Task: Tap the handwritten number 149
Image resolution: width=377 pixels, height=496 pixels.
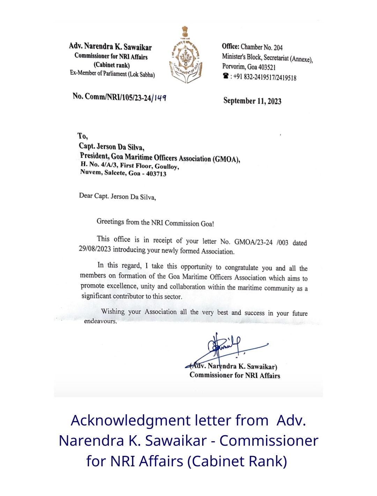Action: click(160, 98)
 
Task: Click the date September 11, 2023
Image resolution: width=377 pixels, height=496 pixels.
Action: click(252, 101)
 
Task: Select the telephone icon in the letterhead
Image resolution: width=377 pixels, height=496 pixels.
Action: click(226, 76)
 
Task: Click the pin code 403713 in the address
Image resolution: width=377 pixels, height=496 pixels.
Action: click(156, 174)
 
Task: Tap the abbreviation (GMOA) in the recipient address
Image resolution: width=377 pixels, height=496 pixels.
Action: click(227, 159)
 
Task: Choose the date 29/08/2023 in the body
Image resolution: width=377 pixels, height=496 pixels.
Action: click(95, 249)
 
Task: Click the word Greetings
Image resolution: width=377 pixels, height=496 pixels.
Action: click(110, 221)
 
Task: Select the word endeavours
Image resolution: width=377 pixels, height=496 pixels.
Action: click(100, 321)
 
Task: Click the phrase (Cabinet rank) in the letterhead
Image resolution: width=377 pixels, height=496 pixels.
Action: click(112, 65)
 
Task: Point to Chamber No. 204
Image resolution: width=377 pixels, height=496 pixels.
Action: click(261, 47)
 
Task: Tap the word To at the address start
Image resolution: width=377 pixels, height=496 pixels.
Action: click(82, 136)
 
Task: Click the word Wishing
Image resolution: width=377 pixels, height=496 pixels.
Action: click(113, 311)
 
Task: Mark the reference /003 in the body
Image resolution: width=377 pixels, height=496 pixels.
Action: click(282, 242)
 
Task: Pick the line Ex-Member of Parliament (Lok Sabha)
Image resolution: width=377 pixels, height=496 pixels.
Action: click(112, 74)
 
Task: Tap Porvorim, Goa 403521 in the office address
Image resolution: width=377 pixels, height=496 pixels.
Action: click(249, 67)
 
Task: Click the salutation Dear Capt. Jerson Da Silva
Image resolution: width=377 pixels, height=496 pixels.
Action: click(117, 196)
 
